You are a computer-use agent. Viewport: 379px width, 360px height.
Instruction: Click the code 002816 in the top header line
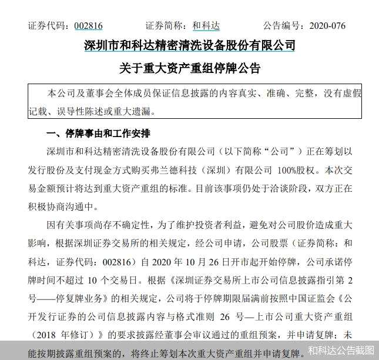[x=87, y=26]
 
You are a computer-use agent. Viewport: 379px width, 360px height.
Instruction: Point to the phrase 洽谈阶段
[x=267, y=189]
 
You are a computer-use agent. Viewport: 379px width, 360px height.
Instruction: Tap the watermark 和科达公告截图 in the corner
[x=341, y=351]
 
